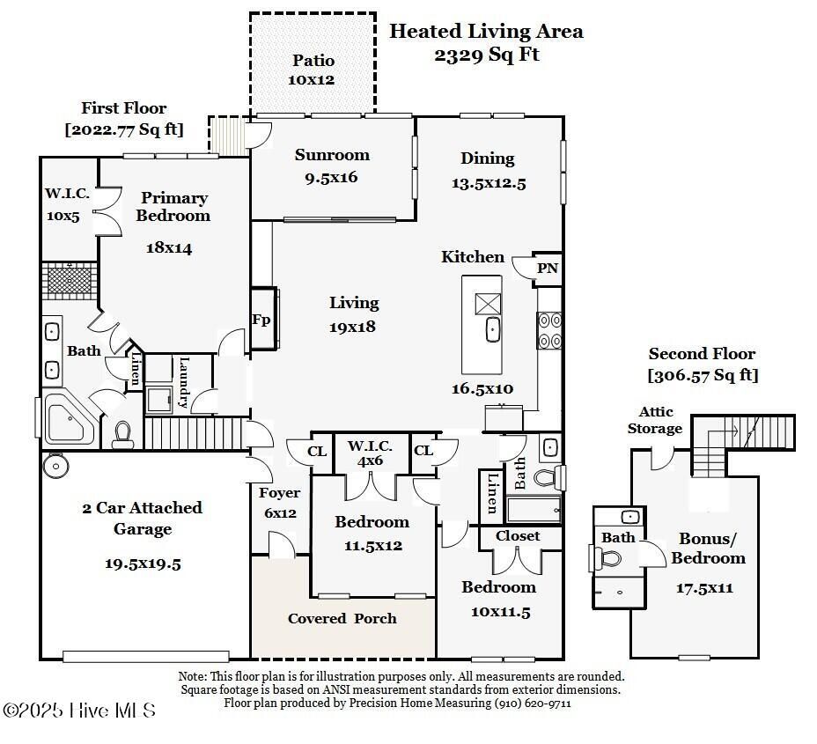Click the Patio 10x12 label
tap(313, 70)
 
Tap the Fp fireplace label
tap(261, 320)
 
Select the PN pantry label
tap(548, 269)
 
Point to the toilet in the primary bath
tap(121, 433)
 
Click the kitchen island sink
tap(492, 330)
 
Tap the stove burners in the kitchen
tap(549, 330)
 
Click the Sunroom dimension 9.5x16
tap(331, 177)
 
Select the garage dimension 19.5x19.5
tap(143, 564)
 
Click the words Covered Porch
tap(342, 618)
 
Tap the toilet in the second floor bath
tap(609, 557)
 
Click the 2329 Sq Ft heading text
tap(486, 54)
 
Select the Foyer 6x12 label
tap(279, 503)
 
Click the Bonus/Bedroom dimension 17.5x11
tap(703, 588)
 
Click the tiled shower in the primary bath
tap(69, 280)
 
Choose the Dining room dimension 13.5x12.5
tap(488, 183)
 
